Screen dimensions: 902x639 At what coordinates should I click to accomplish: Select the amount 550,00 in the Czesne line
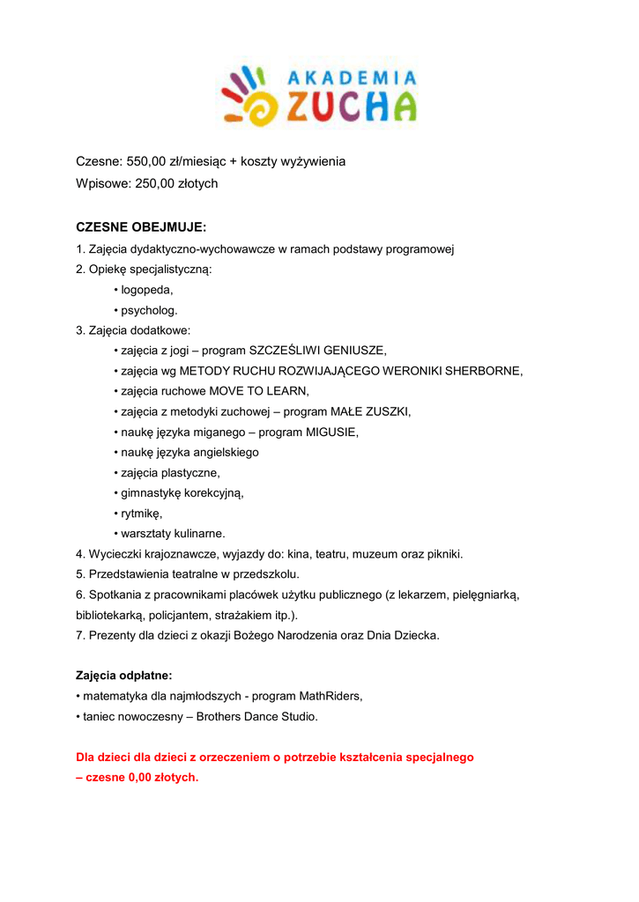click(x=147, y=161)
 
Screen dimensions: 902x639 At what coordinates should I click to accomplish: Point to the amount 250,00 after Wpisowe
click(x=152, y=183)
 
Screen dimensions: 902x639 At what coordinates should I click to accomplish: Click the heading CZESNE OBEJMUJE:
click(x=141, y=227)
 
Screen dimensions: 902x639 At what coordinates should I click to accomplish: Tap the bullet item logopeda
click(x=147, y=290)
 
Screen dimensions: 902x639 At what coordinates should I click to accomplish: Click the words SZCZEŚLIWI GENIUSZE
click(x=317, y=351)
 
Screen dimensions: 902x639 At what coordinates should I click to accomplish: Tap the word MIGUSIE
click(x=332, y=432)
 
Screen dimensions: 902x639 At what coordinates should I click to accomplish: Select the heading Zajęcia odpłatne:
click(x=124, y=676)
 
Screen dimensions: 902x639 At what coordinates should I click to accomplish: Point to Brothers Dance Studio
click(x=256, y=716)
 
